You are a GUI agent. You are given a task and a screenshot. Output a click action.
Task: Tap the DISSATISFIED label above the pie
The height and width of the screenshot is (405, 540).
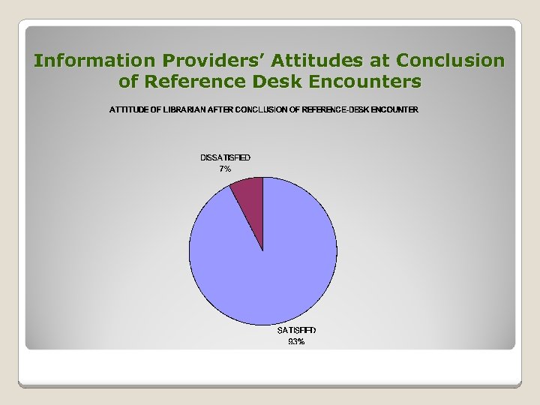tap(225, 157)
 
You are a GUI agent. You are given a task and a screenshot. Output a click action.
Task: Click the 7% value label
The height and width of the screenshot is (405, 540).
tap(225, 169)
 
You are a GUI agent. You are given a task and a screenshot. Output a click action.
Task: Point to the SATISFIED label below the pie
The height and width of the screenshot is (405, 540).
tap(297, 330)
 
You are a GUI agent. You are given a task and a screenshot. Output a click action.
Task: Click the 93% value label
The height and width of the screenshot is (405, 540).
tap(296, 342)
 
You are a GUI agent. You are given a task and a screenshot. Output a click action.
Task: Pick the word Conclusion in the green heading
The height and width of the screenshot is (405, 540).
tap(450, 60)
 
